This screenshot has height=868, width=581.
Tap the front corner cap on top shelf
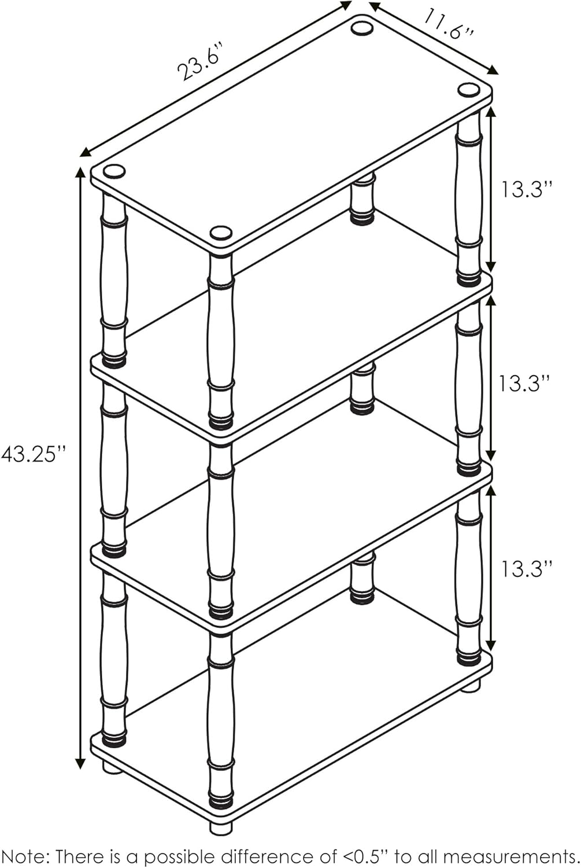[221, 233]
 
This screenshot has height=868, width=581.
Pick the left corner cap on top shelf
[114, 171]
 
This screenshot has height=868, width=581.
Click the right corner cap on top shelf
[468, 90]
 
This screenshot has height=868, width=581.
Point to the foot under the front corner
[221, 827]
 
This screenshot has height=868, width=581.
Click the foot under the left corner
[113, 768]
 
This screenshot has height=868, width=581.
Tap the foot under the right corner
[471, 686]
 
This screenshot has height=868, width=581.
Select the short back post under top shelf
[362, 198]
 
